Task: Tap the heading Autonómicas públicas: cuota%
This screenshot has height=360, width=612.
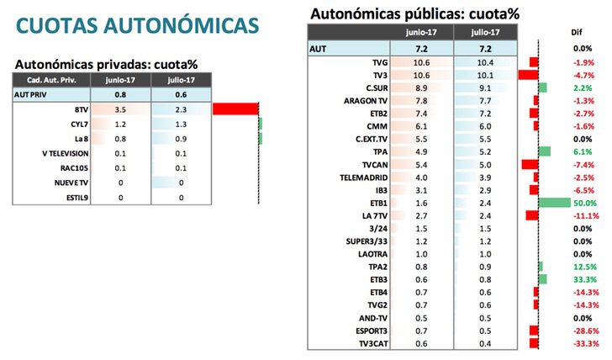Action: (x=414, y=13)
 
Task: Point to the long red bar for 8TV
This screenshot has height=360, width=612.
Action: (x=235, y=109)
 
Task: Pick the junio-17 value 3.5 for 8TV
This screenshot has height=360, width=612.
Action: (x=120, y=109)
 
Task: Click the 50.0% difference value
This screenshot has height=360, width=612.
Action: (x=585, y=203)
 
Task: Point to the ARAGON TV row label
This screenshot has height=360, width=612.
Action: (x=365, y=101)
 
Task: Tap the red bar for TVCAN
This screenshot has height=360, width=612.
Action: (x=530, y=165)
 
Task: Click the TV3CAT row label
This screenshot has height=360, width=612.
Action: (x=370, y=343)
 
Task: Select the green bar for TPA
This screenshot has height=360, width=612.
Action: (x=544, y=151)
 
